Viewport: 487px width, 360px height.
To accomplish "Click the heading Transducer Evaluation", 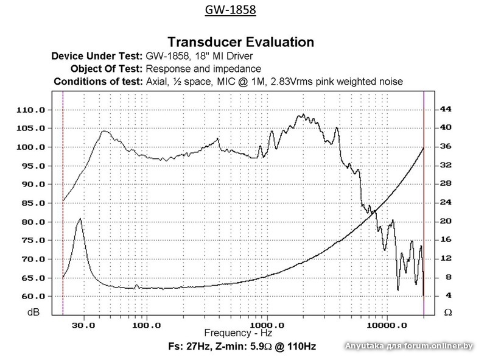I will (240, 42).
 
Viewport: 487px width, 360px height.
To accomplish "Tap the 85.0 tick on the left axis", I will (34, 203).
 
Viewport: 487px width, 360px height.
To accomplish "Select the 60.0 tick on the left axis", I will (34, 297).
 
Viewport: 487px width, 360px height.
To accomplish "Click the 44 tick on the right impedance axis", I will (446, 109).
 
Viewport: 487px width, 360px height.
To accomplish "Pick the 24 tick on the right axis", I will (446, 202).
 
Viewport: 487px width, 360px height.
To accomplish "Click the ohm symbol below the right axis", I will (447, 312).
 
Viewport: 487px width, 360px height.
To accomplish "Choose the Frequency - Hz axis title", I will (237, 333).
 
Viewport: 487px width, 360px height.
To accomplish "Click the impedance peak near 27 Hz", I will (79, 219).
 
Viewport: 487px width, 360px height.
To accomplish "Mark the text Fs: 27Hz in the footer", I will (187, 347).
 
